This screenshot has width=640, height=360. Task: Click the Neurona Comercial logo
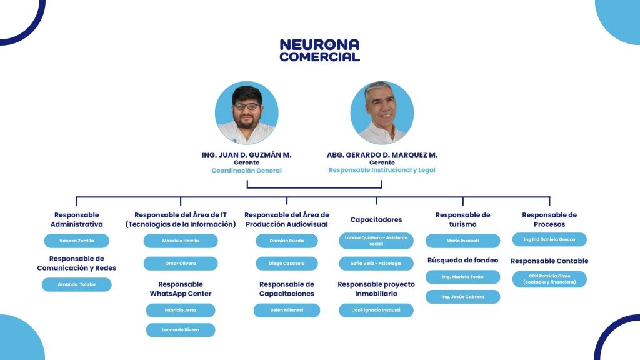tap(319, 50)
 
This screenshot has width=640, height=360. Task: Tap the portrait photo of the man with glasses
tap(246, 112)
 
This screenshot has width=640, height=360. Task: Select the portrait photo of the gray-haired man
tap(382, 112)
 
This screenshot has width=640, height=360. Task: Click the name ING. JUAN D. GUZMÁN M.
tap(246, 155)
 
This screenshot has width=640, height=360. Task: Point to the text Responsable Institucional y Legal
tap(382, 170)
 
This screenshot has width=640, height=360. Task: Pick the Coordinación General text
tap(246, 170)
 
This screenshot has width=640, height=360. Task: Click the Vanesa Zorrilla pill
tap(77, 241)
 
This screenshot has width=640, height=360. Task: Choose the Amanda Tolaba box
tap(77, 284)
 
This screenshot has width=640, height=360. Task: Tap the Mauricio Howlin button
tap(181, 241)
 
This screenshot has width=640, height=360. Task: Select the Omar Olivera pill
tap(181, 263)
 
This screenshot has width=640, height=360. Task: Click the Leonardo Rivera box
tap(181, 330)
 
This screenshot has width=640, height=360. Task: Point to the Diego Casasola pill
tap(286, 263)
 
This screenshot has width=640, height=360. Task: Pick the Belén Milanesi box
tap(286, 310)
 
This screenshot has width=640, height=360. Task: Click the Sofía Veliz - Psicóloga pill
tap(376, 263)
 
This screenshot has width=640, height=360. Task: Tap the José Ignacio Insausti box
tap(376, 310)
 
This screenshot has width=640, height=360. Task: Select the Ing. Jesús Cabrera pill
tap(463, 297)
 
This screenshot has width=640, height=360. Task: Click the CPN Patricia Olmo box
tap(549, 279)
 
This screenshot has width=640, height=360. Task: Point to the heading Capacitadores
tap(376, 219)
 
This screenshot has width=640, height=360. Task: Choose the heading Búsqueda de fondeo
tap(463, 261)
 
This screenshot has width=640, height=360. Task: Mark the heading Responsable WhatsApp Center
tap(181, 289)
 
